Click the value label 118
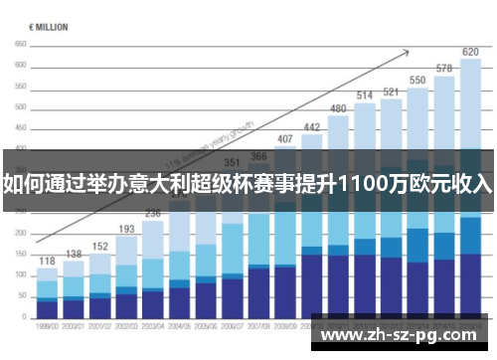(x=47, y=261)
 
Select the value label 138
(x=74, y=254)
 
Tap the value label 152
(x=100, y=246)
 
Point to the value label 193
(x=127, y=229)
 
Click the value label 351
(x=232, y=162)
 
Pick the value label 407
(x=285, y=139)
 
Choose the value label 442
(x=312, y=127)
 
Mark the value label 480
(x=338, y=108)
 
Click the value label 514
(x=365, y=95)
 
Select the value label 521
(x=392, y=91)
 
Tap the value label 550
(x=417, y=80)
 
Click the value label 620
(x=470, y=52)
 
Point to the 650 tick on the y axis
(x=21, y=46)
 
